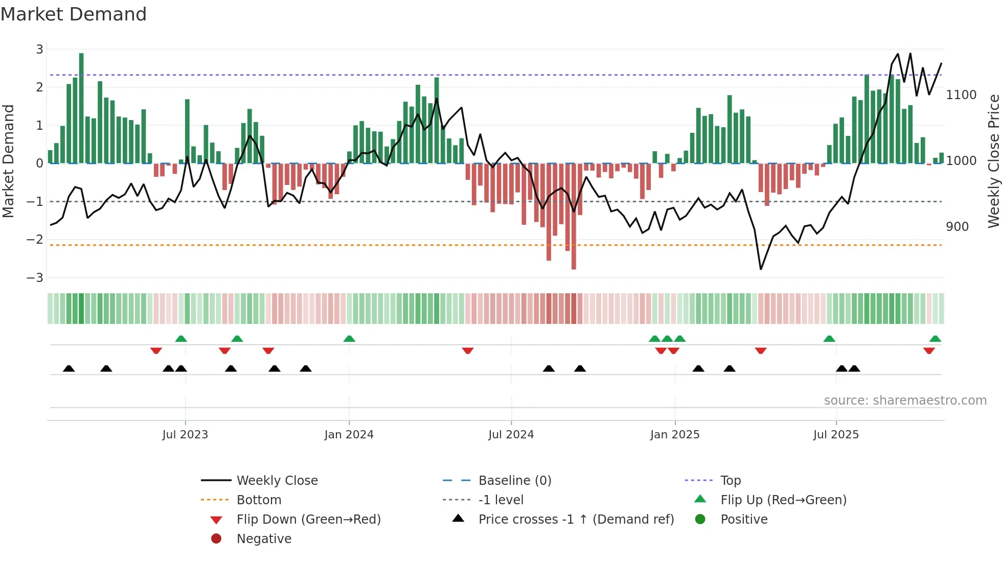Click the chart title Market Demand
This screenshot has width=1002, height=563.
pos(74,14)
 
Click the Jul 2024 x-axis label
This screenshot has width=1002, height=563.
pos(511,435)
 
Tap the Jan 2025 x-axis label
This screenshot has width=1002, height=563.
pos(674,435)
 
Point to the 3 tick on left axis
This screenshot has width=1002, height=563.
pos(39,50)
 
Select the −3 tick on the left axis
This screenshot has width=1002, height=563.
pos(35,278)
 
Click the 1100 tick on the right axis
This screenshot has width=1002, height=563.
pos(961,95)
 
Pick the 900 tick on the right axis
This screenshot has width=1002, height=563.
pos(957,227)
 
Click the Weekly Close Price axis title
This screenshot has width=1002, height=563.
pos(993,161)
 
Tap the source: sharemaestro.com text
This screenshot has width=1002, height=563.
pos(905,401)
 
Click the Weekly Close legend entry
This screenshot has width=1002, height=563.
pos(277,481)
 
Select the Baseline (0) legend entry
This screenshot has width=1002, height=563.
pos(514,481)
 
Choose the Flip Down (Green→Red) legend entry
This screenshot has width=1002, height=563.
pos(308,520)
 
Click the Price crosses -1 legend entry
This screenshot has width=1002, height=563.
pos(576,520)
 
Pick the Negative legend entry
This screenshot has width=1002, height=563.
pos(263,539)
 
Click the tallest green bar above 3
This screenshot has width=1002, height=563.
pos(81,107)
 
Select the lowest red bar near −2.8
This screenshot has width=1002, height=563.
pos(574,217)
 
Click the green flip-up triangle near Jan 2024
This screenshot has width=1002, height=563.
pos(349,339)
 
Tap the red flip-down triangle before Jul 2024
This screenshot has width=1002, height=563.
pos(467,350)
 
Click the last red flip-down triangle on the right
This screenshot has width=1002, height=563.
pos(929,350)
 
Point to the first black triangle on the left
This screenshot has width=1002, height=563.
pos(69,368)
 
